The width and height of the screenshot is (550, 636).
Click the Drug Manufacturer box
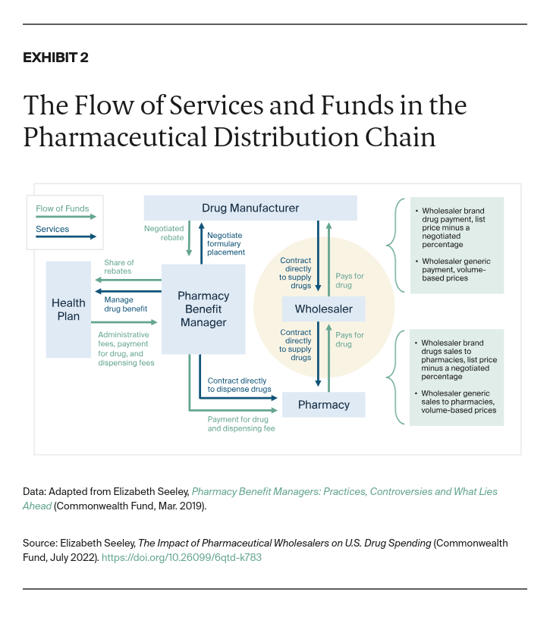point(250,208)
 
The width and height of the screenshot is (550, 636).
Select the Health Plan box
point(68,309)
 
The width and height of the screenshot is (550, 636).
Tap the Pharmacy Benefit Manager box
point(203,309)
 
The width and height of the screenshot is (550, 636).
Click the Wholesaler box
point(323,309)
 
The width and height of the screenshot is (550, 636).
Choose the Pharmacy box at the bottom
point(323,405)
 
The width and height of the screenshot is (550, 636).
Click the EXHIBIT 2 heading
point(55,58)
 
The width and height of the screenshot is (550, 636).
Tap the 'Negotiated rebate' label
point(163,232)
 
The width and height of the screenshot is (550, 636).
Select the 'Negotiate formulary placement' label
point(226,243)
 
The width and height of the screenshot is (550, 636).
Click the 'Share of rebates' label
point(118,267)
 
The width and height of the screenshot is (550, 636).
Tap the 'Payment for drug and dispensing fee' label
point(241,424)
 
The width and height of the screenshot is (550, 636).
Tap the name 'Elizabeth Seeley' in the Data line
point(151,492)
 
